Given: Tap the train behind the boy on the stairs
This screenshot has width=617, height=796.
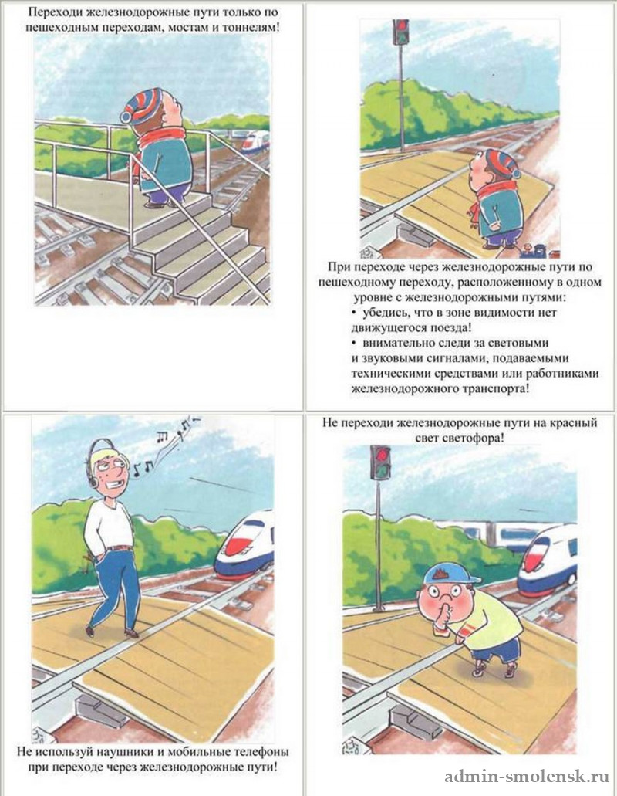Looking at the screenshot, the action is tap(254, 141).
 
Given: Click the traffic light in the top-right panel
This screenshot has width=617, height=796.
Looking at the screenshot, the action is tap(401, 32).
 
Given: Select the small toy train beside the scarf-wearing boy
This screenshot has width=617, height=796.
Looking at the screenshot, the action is tap(538, 251).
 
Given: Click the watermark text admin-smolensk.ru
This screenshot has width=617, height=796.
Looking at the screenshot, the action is tap(528, 777).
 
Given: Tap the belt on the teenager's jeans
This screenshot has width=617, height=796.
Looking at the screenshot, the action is tap(120, 548).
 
